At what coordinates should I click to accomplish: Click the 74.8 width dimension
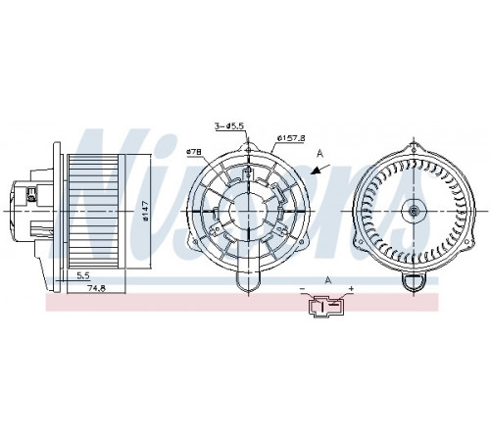pos(97,288)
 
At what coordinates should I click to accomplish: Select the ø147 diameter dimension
pos(146,211)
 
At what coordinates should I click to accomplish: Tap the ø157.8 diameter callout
pos(291,138)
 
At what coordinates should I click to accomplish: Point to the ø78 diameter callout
pos(194,152)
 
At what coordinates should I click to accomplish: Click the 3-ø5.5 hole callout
pos(229,125)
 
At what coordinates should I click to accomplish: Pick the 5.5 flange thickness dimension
pos(83,275)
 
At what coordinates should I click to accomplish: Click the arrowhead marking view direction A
pos(316,171)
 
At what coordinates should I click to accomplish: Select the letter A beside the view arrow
pos(320,153)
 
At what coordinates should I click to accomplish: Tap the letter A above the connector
pos(328,280)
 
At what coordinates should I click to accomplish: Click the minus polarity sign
pos(303,289)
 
